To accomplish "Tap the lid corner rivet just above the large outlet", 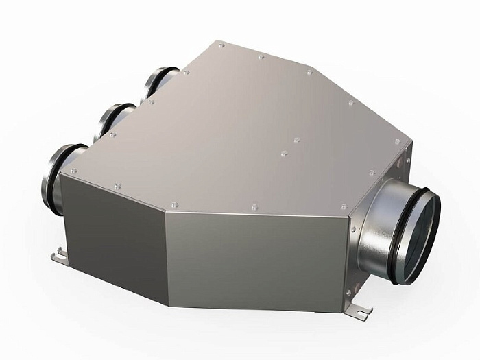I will point(344,204).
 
